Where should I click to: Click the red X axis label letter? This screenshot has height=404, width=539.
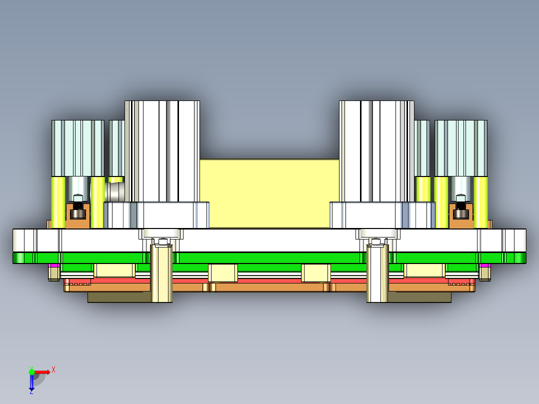(53, 369)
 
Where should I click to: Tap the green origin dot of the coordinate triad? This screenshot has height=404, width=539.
(31, 371)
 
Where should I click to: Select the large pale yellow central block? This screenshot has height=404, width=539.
(269, 193)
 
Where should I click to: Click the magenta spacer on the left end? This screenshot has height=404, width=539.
(54, 265)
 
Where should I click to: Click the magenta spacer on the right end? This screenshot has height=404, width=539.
(484, 265)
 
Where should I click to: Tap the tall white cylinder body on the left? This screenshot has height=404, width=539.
(162, 150)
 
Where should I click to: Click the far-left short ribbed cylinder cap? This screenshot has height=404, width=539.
(77, 148)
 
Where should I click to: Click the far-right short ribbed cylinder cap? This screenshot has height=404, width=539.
(460, 148)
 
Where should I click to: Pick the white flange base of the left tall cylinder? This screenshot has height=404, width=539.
(156, 215)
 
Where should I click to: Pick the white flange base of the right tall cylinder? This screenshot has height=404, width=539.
(382, 215)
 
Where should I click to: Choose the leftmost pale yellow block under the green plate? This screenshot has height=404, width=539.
(114, 270)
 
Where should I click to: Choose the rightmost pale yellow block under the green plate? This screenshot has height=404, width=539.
(424, 270)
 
